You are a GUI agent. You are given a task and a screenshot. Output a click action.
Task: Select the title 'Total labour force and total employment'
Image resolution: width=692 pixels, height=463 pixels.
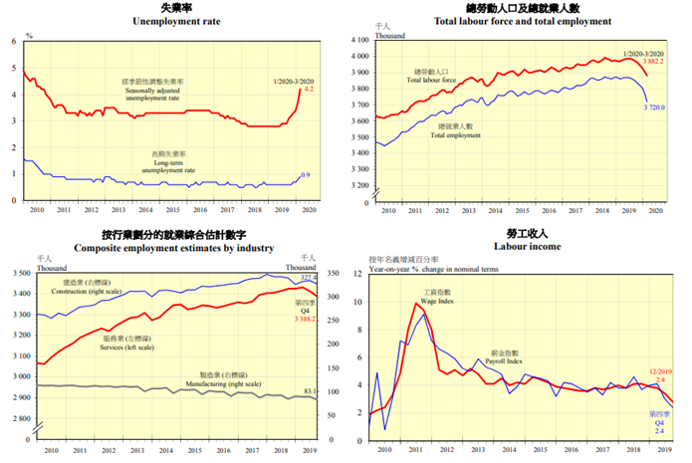coord(522,20)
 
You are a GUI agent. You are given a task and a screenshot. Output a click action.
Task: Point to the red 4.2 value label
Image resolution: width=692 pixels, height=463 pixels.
coord(309,90)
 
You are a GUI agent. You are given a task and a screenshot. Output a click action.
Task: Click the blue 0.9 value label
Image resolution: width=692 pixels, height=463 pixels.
coord(307,175)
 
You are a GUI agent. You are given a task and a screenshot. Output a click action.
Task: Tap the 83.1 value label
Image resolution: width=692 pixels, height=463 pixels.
coord(310,390)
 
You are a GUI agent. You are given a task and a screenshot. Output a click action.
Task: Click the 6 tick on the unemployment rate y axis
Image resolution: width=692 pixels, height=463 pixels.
coord(13,41)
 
